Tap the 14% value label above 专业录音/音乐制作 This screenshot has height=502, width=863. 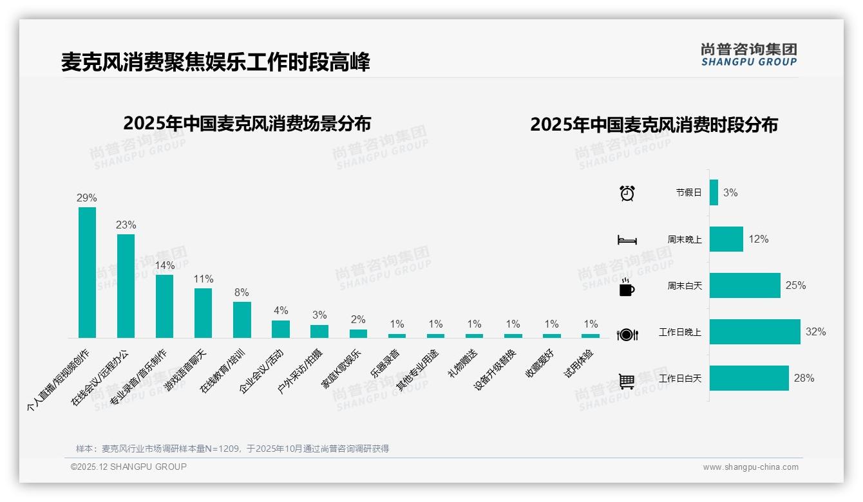[164, 265]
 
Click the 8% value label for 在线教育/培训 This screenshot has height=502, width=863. [242, 292]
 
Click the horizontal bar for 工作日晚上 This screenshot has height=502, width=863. [755, 332]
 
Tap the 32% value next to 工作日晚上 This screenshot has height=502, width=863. [815, 332]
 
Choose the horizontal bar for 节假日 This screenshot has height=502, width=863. [714, 192]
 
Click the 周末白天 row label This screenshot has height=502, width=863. [685, 286]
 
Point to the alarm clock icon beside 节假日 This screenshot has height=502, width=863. [627, 192]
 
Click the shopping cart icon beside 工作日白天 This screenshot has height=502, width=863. [627, 381]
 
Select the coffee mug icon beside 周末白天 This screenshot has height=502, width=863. [627, 287]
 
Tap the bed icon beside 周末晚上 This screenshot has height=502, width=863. [627, 240]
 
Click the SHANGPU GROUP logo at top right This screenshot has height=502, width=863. [749, 55]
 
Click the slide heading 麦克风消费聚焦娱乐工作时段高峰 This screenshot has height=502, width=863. [216, 62]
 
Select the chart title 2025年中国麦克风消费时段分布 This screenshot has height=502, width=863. [654, 124]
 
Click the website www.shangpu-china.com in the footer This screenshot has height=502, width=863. [750, 467]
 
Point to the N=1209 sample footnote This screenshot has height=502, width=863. [232, 449]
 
